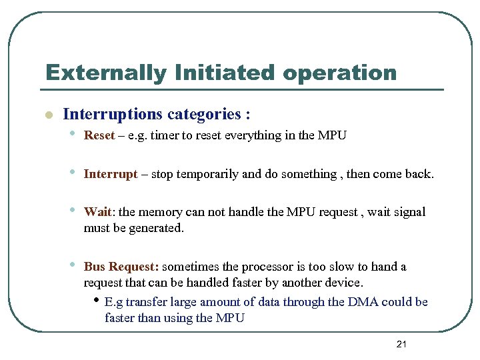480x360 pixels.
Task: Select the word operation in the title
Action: pos(339,73)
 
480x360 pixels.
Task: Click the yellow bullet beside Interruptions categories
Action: pos(47,115)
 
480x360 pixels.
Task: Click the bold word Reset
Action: pos(99,135)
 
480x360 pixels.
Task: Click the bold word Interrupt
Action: pos(111,174)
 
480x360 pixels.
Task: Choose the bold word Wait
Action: pos(97,212)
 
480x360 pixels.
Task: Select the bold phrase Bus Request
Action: pos(121,267)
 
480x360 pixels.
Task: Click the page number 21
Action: pos(401,344)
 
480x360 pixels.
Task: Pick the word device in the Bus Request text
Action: pos(345,283)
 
